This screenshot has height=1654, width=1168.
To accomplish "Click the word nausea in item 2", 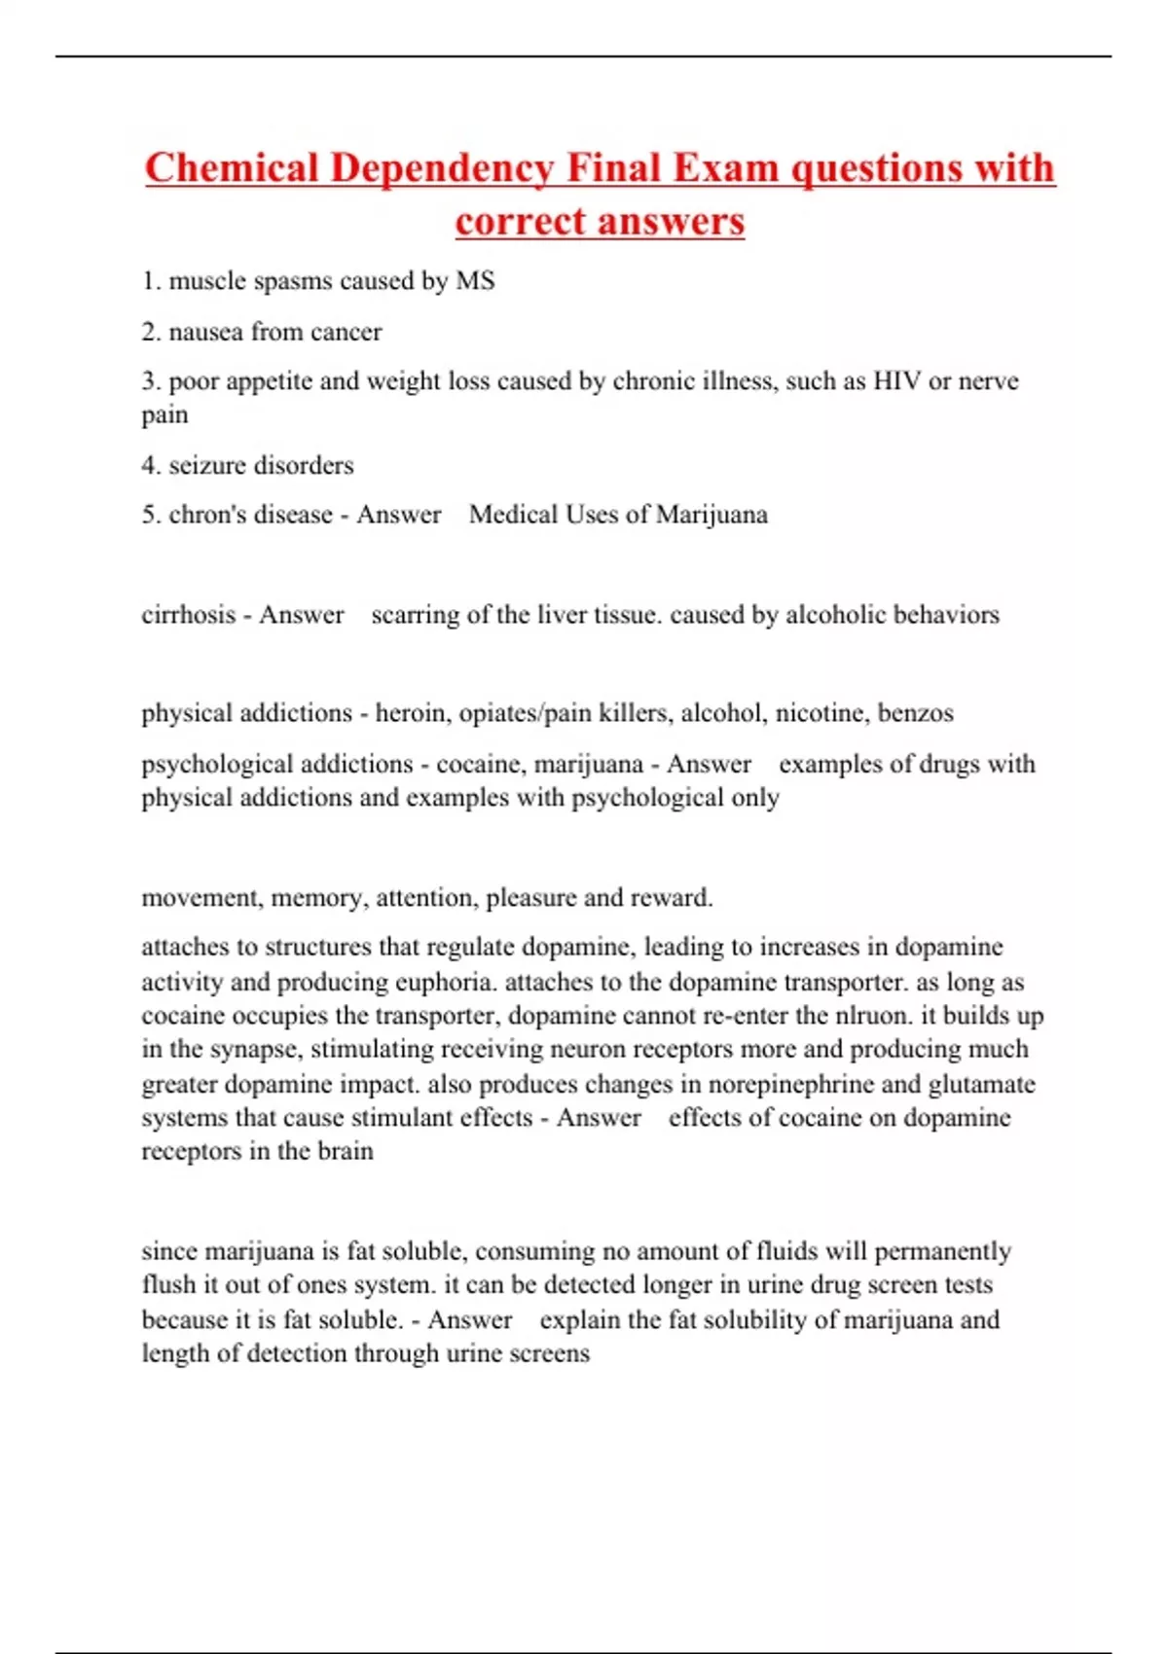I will (x=205, y=332).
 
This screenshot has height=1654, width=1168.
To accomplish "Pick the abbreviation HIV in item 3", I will (x=896, y=380).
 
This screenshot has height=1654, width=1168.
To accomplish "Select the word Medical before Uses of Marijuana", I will (x=513, y=515).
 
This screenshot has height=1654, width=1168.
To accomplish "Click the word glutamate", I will (x=981, y=1084).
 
